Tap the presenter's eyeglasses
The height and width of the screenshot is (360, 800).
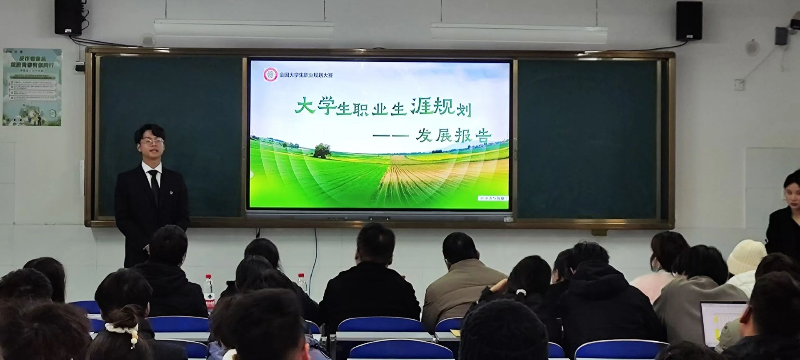[x=152, y=141]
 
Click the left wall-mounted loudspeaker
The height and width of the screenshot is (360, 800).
[x=68, y=17]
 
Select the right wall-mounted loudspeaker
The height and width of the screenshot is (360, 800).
[x=689, y=21]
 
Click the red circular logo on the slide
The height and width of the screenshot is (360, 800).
[x=270, y=75]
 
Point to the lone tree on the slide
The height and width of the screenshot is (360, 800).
[x=321, y=151]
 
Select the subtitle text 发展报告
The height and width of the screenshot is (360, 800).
[x=453, y=136]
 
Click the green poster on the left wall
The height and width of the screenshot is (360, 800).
[x=32, y=87]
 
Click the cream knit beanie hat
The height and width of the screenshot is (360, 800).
[x=747, y=256]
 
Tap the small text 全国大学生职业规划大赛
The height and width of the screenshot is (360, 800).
[x=306, y=75]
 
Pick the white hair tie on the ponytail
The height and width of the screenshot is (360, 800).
[x=520, y=293]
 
